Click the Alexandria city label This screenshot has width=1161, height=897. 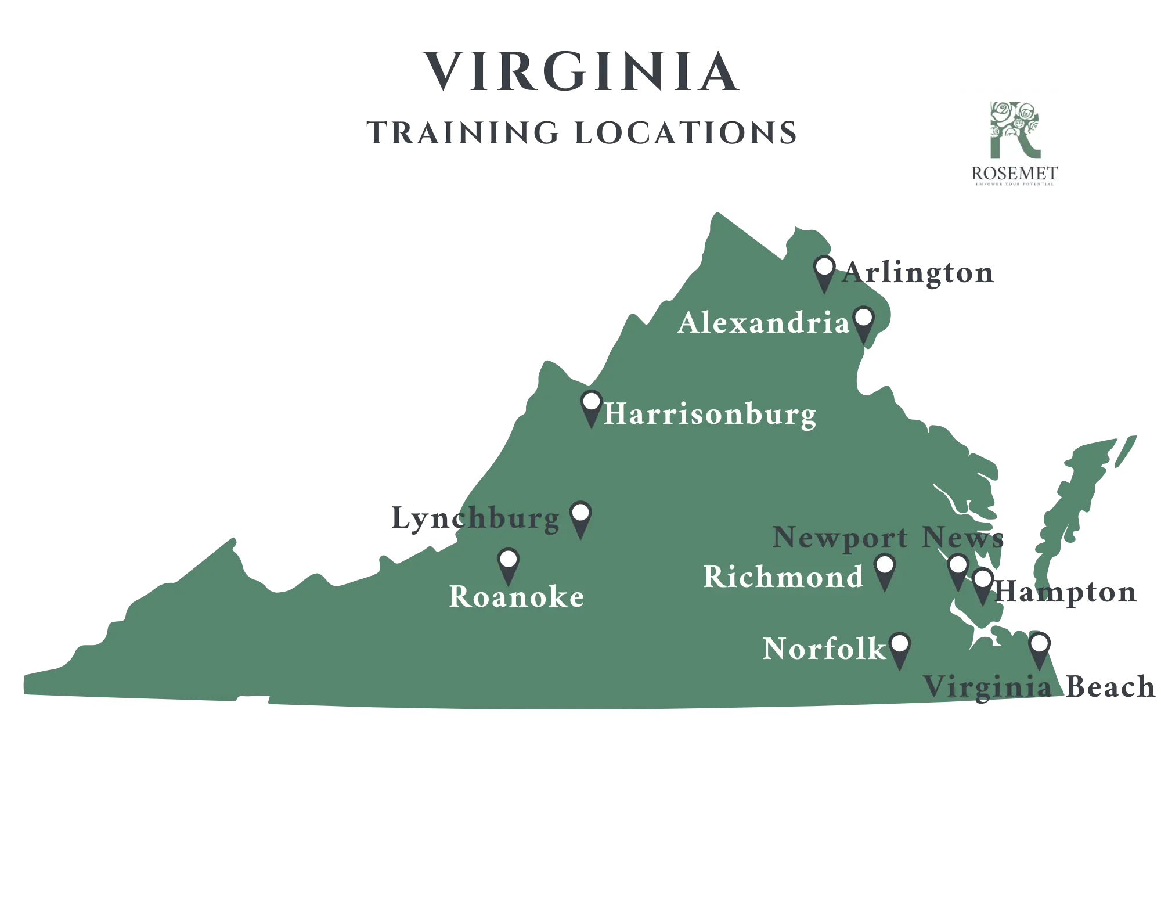coord(763,323)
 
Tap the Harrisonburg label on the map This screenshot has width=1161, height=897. coord(709,415)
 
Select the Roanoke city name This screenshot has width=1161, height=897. coord(517,597)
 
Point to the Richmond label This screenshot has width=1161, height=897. coord(784,577)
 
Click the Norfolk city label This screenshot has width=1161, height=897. coord(824,649)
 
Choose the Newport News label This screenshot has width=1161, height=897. coord(888,538)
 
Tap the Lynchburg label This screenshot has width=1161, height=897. coord(475,518)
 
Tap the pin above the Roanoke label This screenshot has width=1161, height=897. coord(509,564)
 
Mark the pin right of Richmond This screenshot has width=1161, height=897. coord(884,570)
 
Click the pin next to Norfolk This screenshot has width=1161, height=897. coord(899,649)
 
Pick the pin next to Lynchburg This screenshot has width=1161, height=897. coord(580,518)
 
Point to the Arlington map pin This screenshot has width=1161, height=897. coord(824,272)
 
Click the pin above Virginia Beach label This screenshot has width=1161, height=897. coord(1039,649)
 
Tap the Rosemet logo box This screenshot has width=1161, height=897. coord(1014,146)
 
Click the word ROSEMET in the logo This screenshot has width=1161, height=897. coord(1014,173)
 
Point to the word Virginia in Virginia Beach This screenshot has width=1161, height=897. coord(987,688)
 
